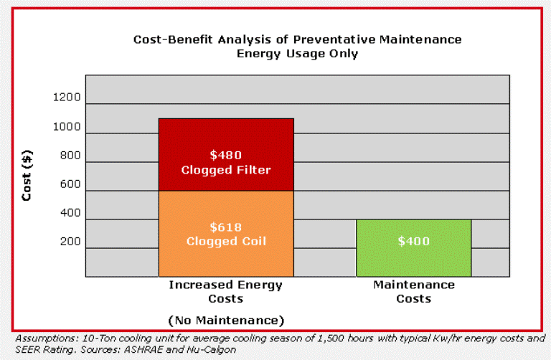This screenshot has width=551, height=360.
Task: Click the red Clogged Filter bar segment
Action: pos(226,154)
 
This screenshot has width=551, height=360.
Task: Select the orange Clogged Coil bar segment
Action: pos(226,234)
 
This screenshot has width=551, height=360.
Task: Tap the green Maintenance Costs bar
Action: pos(413,248)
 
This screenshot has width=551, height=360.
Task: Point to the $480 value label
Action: pos(225,155)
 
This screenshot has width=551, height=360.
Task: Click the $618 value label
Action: pos(225,227)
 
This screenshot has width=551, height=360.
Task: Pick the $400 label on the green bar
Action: pos(413,241)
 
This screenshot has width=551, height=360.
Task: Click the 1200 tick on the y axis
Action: pos(67,97)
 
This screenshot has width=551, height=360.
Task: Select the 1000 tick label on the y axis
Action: pos(67,126)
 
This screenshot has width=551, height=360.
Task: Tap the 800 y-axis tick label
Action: pos(70,155)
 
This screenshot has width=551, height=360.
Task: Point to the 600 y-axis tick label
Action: pos(70,184)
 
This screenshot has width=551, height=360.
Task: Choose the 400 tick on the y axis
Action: pos(70,213)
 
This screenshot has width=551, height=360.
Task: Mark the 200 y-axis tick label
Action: pos(70,242)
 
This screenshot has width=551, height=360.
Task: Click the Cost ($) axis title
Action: pos(27,176)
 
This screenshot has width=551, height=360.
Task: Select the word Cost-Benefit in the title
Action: pos(173,39)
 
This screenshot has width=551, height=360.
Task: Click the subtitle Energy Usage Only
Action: pos(297,54)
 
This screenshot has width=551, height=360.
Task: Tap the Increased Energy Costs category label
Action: pos(225,291)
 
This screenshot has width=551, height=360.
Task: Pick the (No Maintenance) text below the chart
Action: pos(226,321)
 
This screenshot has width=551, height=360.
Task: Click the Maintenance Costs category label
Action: pos(413,291)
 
